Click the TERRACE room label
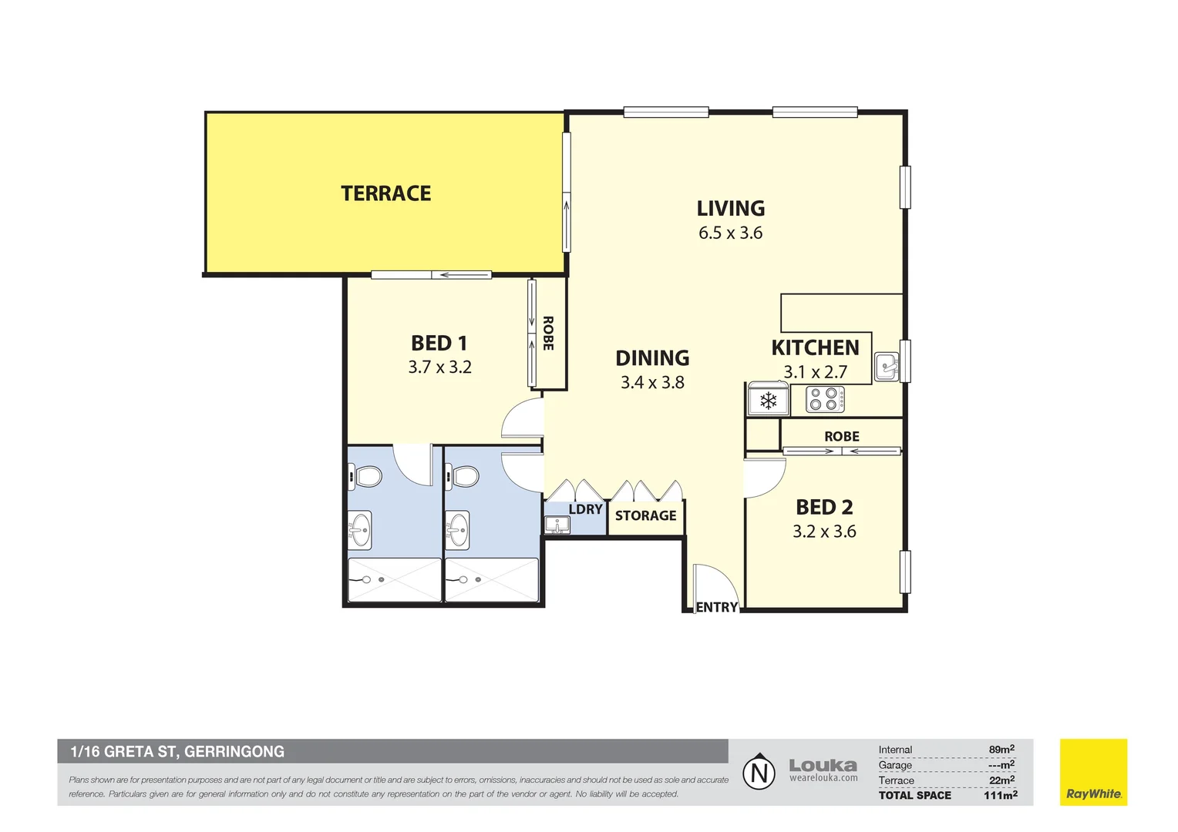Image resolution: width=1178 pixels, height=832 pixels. pyautogui.click(x=385, y=193)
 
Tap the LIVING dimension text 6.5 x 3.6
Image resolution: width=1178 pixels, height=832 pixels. pyautogui.click(x=730, y=233)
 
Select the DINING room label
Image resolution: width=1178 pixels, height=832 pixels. pyautogui.click(x=652, y=358)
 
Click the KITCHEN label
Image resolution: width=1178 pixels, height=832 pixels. pyautogui.click(x=815, y=347)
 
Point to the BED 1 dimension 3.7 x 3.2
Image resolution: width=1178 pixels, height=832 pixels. pyautogui.click(x=439, y=367)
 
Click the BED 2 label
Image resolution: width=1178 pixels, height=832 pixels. pyautogui.click(x=824, y=507)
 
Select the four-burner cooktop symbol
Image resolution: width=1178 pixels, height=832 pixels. pyautogui.click(x=824, y=399)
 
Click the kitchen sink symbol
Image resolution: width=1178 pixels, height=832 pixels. pyautogui.click(x=887, y=366)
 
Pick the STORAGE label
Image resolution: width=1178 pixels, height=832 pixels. pyautogui.click(x=645, y=515)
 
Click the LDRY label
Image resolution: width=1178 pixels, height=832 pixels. pyautogui.click(x=585, y=509)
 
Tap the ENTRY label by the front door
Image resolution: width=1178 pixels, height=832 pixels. pyautogui.click(x=716, y=607)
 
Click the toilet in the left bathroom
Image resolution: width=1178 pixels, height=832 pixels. pyautogui.click(x=366, y=476)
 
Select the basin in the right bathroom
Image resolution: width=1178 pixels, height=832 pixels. pyautogui.click(x=458, y=531)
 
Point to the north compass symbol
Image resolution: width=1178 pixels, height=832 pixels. pyautogui.click(x=759, y=772)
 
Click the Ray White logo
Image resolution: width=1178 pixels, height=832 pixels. pyautogui.click(x=1093, y=773)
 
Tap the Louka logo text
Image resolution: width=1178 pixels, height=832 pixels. pyautogui.click(x=823, y=766)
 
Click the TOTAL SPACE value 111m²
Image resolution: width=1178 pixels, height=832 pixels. pyautogui.click(x=1000, y=795)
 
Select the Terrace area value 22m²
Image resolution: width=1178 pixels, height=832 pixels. pyautogui.click(x=1001, y=780)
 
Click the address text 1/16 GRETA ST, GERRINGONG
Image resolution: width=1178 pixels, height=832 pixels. pyautogui.click(x=177, y=751)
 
